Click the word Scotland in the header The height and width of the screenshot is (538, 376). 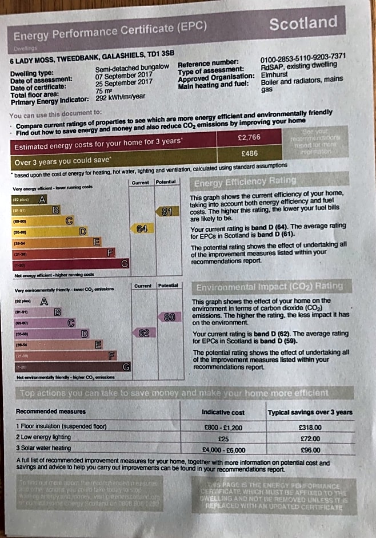303,23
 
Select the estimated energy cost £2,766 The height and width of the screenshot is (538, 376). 249,137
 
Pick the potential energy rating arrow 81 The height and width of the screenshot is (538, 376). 166,211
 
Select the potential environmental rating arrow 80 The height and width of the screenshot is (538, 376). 169,317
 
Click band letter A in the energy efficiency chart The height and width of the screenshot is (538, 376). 42,200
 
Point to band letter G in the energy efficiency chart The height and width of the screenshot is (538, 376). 124,263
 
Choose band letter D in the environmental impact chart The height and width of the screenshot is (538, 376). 85,333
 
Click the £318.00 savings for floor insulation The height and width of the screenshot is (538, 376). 310,427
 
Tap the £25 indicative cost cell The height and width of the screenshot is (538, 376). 223,438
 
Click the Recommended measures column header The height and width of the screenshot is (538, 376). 51,411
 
